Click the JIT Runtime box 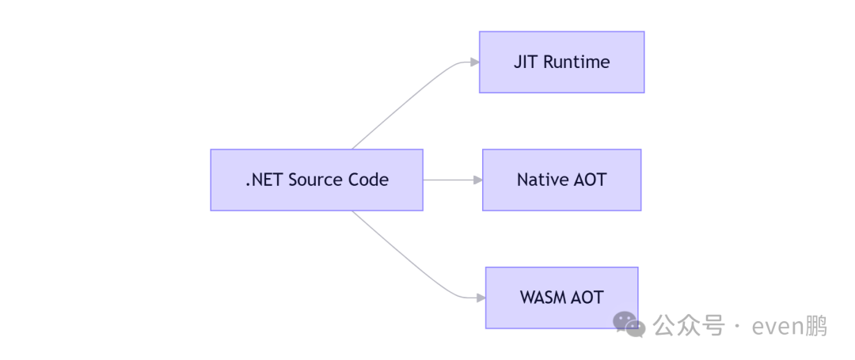click(561, 63)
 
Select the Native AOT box click(561, 180)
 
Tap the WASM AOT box click(561, 297)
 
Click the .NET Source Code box click(317, 180)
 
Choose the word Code click(369, 180)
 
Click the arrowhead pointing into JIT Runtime click(474, 63)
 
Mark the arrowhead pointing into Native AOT click(477, 180)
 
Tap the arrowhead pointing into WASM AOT click(481, 297)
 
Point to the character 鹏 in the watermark click(817, 325)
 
